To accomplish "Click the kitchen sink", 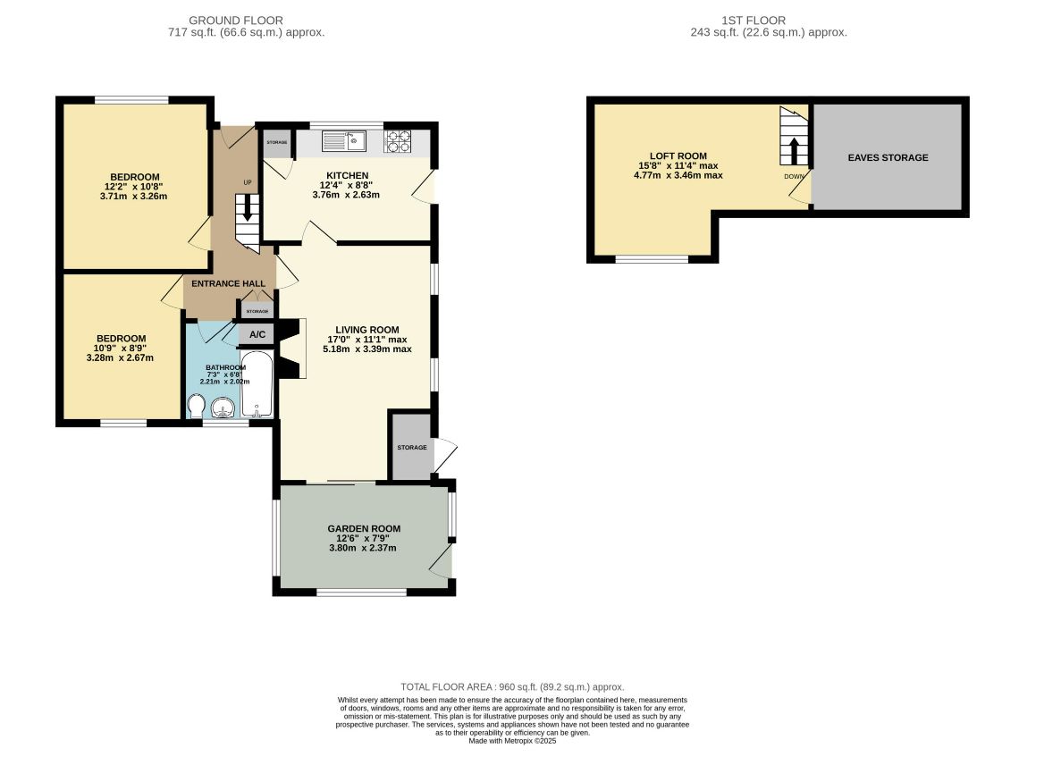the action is [344, 141].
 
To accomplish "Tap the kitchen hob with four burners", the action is [398, 141].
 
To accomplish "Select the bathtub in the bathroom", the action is [257, 383].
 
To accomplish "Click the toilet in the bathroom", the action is [196, 407].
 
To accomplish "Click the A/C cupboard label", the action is [257, 334].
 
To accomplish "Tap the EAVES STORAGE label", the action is [888, 157].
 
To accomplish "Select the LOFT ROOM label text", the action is [678, 156].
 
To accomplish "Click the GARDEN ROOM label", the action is [364, 528].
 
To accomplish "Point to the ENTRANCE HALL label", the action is [229, 283].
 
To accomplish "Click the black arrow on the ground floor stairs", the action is [247, 207].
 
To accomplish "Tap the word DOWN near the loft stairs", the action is [795, 177].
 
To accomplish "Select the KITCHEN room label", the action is [347, 175].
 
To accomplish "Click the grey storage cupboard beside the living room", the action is [412, 447].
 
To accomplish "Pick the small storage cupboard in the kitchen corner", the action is [276, 143].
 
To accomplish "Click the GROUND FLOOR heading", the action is [236, 21].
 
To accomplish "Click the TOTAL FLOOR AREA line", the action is [512, 686].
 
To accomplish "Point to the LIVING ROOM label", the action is [367, 330].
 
